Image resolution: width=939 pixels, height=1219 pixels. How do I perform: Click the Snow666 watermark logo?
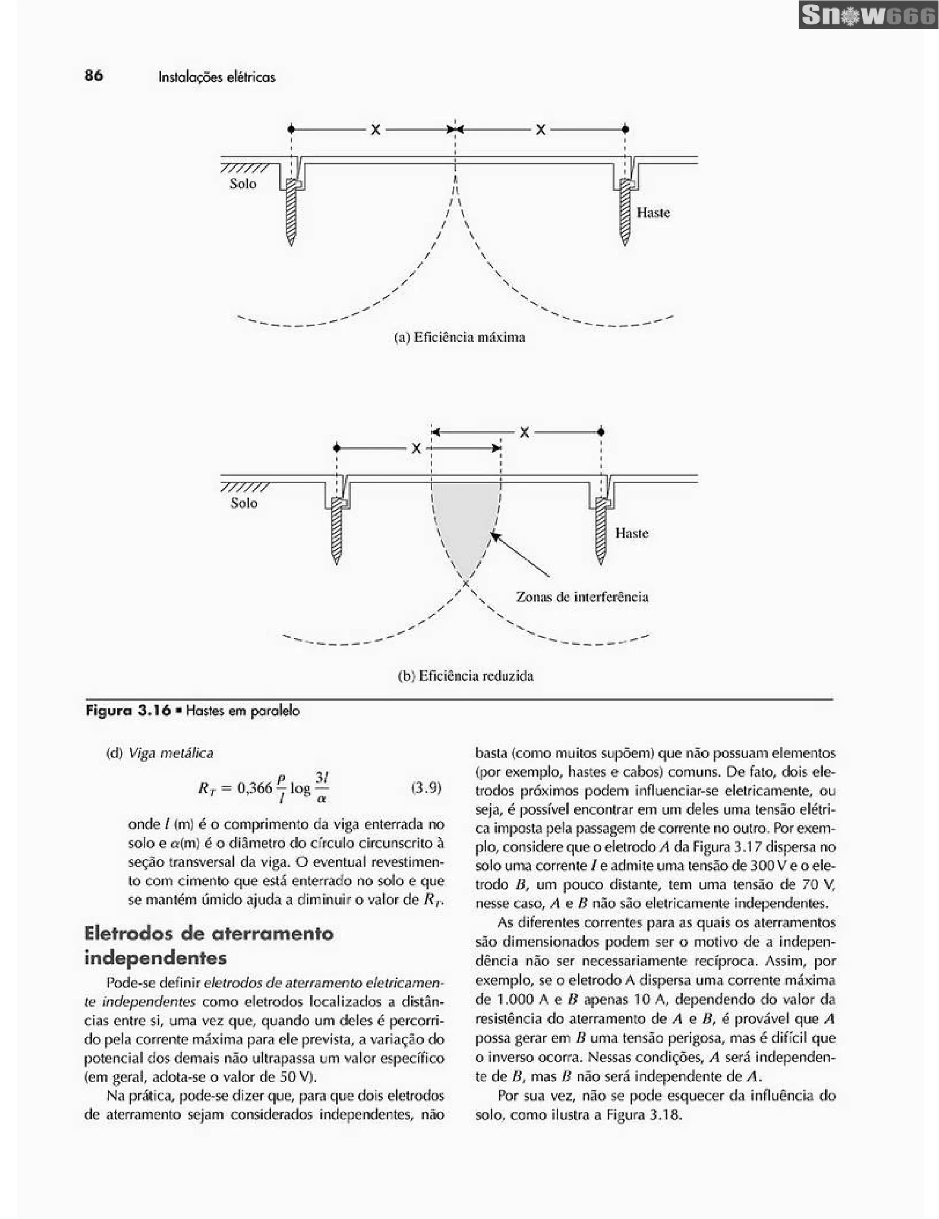click(867, 16)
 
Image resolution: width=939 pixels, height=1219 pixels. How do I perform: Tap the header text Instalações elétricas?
click(216, 77)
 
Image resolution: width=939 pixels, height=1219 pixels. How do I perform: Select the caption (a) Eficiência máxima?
click(459, 337)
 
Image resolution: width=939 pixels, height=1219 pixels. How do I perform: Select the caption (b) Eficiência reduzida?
click(465, 676)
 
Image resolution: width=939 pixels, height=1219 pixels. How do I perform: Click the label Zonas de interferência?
click(582, 597)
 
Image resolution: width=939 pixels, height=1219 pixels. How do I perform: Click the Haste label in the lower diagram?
click(631, 533)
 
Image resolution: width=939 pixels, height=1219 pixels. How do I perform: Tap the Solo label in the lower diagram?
click(243, 503)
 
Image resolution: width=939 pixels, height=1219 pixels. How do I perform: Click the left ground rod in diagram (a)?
click(291, 212)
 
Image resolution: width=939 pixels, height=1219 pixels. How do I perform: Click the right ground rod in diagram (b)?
click(601, 530)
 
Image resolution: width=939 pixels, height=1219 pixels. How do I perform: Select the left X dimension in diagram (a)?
click(376, 130)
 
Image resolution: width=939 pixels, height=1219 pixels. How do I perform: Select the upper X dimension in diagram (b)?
click(524, 432)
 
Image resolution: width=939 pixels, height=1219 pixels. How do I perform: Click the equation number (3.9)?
click(426, 788)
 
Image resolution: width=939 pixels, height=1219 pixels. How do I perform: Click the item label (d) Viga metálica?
click(160, 753)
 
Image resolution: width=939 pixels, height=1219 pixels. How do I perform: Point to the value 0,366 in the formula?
click(254, 788)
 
